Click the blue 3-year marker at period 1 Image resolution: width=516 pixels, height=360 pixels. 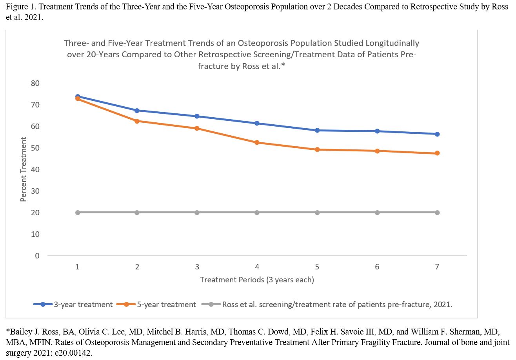pyautogui.click(x=78, y=96)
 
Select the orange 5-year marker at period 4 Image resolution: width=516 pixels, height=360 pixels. pyautogui.click(x=257, y=142)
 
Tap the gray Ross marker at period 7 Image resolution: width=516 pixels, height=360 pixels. pyautogui.click(x=437, y=213)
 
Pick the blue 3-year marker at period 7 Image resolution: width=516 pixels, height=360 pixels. pyautogui.click(x=437, y=134)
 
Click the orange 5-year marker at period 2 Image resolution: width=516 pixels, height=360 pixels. pyautogui.click(x=138, y=121)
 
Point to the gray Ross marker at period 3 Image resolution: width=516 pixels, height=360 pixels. pyautogui.click(x=197, y=213)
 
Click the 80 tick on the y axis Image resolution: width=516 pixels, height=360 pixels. pyautogui.click(x=35, y=83)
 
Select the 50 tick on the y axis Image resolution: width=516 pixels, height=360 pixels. pyautogui.click(x=35, y=148)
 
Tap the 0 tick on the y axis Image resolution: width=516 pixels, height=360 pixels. pyautogui.click(x=38, y=256)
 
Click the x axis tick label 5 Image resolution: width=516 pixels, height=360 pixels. pyautogui.click(x=317, y=267)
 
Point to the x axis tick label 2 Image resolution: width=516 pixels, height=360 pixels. pyautogui.click(x=138, y=267)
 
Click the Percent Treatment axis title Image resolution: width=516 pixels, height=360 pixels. pyautogui.click(x=24, y=169)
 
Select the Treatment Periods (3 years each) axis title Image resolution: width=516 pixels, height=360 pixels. pyautogui.click(x=257, y=280)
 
